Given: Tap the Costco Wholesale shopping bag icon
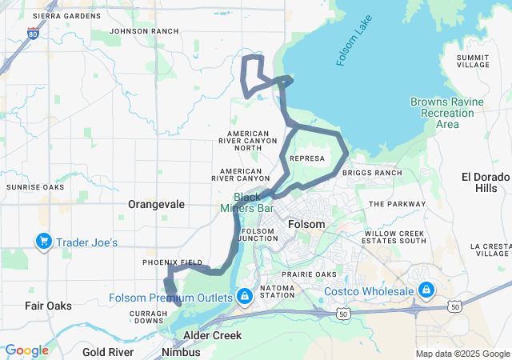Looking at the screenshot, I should tap(426, 289).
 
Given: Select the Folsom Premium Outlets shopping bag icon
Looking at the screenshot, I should tap(244, 297).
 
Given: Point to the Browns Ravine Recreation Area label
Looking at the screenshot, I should tap(447, 113).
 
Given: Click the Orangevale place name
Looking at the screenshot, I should tap(156, 204).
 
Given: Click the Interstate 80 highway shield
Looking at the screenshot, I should tap(32, 34).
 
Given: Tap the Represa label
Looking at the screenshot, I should tap(308, 158).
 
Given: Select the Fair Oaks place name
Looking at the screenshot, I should tap(48, 306).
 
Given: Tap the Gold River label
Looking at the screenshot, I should tap(107, 352).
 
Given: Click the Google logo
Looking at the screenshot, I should tap(26, 350).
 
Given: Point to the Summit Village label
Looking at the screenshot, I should tap(472, 61).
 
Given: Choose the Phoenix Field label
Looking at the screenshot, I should tap(172, 262).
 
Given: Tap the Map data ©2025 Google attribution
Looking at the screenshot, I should tap(462, 354).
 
